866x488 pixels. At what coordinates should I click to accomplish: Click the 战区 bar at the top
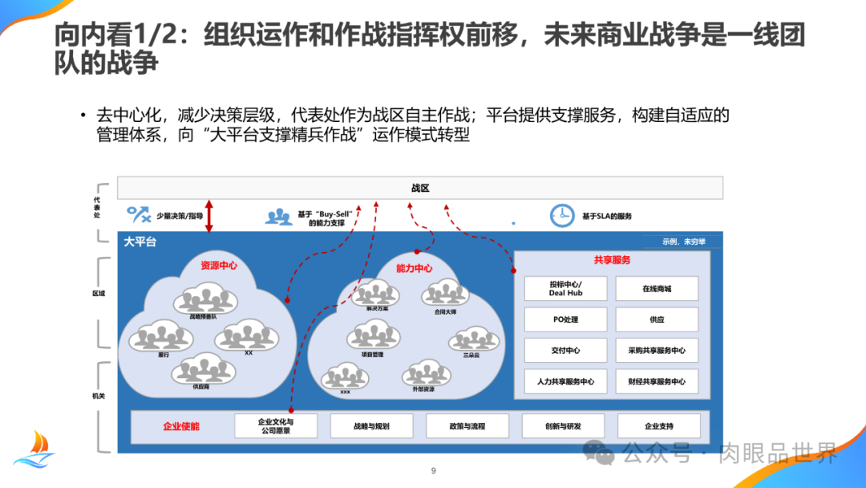[x=420, y=188]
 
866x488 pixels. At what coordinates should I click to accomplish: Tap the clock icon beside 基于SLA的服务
[x=562, y=215]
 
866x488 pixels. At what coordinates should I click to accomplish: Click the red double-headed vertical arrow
[x=209, y=217]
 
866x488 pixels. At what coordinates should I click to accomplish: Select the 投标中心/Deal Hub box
[x=565, y=289]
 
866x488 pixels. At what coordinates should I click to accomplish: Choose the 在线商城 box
[x=657, y=289]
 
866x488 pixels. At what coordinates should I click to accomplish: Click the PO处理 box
[x=565, y=319]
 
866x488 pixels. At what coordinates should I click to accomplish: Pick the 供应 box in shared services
[x=657, y=319]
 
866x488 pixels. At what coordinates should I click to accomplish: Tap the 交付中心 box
[x=565, y=351]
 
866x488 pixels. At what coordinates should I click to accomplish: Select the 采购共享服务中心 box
[x=657, y=351]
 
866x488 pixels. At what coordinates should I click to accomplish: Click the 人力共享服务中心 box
[x=565, y=382]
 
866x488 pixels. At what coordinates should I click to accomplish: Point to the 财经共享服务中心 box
[x=657, y=382]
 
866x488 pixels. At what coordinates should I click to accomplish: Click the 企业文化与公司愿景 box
[x=275, y=426]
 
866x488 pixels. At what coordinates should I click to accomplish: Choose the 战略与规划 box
[x=371, y=426]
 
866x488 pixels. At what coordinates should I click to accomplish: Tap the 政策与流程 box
[x=467, y=426]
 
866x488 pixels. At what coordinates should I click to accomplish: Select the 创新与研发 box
[x=563, y=426]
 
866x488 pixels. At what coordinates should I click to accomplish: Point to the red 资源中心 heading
[x=218, y=266]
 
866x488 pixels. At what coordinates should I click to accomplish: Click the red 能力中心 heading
[x=414, y=268]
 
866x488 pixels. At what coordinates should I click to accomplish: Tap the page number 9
[x=433, y=471]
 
